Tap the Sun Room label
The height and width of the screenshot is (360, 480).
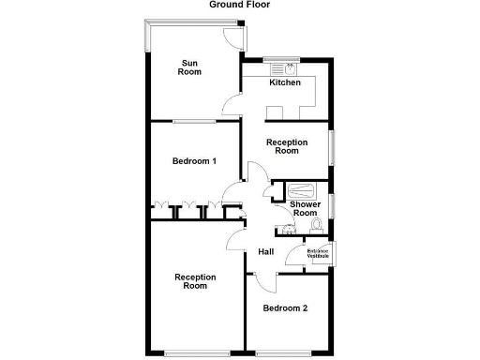[190, 67]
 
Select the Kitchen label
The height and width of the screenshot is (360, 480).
[285, 82]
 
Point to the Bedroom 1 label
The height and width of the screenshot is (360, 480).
[194, 161]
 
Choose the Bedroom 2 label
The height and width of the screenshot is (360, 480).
[285, 308]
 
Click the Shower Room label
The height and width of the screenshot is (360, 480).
[305, 208]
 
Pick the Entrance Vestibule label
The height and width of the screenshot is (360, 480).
[319, 253]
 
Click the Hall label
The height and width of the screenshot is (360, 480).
[266, 251]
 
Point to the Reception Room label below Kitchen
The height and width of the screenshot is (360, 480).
[287, 145]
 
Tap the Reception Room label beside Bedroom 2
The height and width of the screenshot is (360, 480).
[195, 281]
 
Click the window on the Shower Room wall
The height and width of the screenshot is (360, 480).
[332, 205]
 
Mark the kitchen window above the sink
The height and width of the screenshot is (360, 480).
[278, 59]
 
